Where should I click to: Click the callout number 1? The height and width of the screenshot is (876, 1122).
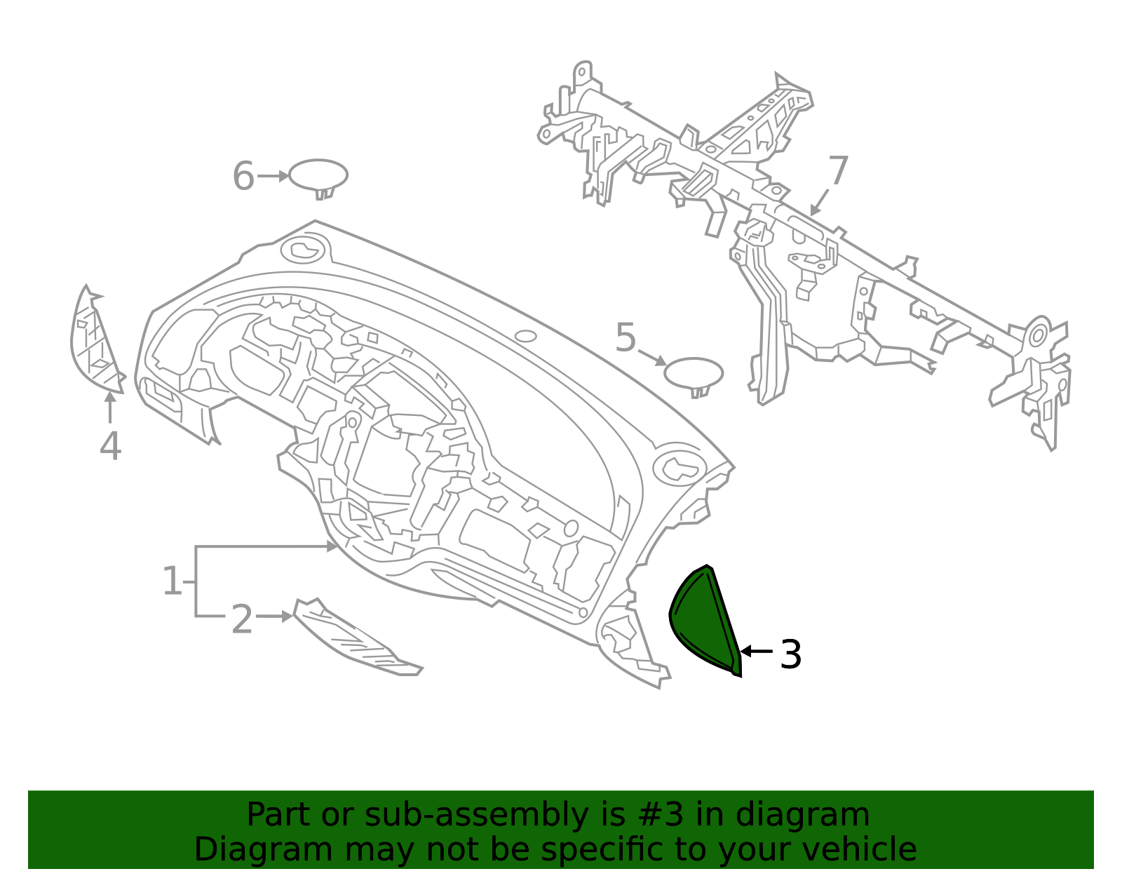(x=172, y=581)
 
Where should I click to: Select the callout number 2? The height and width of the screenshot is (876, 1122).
(x=242, y=619)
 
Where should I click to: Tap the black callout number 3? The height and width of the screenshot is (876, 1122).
(x=790, y=654)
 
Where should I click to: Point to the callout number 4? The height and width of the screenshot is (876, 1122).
(x=111, y=445)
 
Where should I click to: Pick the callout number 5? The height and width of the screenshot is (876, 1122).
(x=626, y=337)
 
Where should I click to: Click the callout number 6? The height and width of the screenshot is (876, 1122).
(x=244, y=176)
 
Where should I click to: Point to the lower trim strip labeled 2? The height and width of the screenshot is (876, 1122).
(x=356, y=638)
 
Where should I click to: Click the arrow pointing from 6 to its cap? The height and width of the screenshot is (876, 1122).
(x=273, y=176)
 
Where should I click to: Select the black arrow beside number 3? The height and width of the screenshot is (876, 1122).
(x=757, y=652)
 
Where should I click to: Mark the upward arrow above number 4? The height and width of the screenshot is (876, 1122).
(x=110, y=407)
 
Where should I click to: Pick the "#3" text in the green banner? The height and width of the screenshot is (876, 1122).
(x=660, y=814)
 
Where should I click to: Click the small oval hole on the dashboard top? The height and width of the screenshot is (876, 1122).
(x=526, y=337)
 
